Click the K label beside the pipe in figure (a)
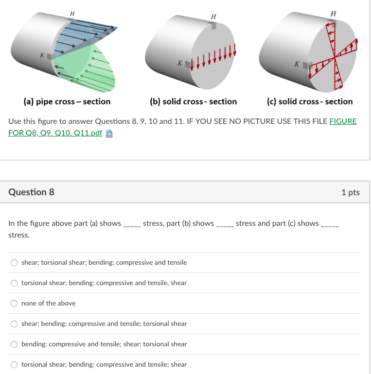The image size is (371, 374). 42,56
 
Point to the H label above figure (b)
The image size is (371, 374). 213,17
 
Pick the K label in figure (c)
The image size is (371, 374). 297,64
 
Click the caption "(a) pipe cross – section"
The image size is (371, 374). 67,102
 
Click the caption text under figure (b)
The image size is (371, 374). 193,102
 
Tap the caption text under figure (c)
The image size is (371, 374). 310,102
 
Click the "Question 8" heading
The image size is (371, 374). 31,192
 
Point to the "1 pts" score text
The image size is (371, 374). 350,192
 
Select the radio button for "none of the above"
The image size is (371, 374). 14,304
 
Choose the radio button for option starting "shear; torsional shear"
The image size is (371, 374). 14,263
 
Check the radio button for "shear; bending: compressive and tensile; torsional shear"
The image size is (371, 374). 14,324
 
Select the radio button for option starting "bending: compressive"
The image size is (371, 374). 14,344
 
